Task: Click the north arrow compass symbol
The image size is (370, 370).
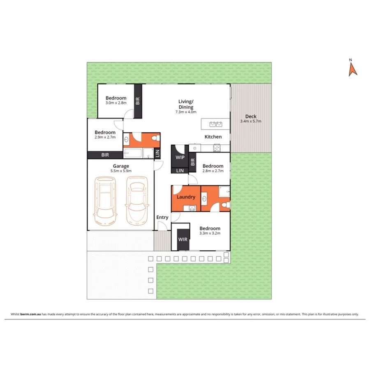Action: pos(352,69)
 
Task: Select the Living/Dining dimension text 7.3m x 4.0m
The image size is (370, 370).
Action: pos(186,112)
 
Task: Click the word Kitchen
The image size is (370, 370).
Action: pos(213,137)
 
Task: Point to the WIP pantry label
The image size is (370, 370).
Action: pos(180,157)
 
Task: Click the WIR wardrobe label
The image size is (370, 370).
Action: pos(183,239)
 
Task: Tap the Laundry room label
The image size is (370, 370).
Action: pos(186,197)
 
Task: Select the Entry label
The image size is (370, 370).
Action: pos(162,217)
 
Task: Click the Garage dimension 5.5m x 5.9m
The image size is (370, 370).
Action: pos(121,171)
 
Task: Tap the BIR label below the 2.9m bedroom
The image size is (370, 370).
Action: pos(105,155)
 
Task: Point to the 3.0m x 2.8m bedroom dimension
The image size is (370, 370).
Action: pos(116,103)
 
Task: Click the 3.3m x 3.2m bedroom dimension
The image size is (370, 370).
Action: pos(210,234)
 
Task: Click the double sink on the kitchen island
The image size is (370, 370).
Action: pos(216,124)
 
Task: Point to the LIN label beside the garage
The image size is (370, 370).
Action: pos(157,154)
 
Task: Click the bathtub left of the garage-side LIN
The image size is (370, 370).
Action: pos(133,154)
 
